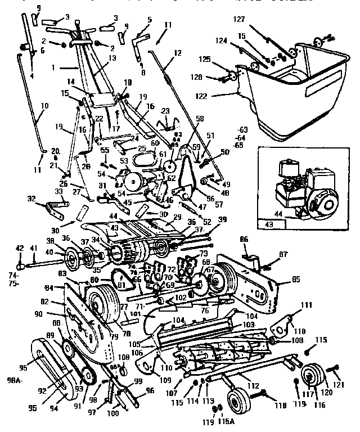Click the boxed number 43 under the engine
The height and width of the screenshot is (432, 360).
click(x=267, y=225)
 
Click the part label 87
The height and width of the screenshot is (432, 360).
click(x=283, y=254)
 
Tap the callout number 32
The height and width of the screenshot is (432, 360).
click(x=31, y=199)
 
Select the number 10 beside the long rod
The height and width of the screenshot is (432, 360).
click(x=44, y=105)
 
